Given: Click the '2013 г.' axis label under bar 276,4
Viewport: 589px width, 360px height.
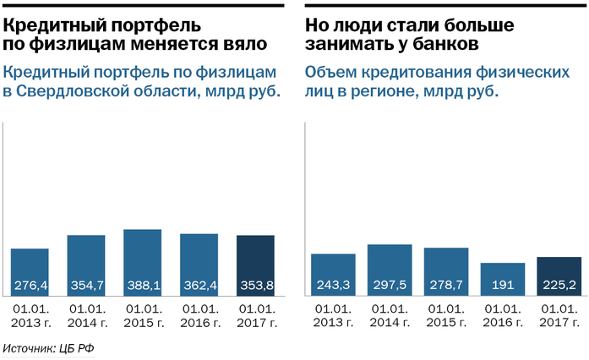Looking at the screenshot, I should (x=30, y=322).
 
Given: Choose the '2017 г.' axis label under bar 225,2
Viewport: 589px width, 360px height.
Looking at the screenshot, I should (x=559, y=322).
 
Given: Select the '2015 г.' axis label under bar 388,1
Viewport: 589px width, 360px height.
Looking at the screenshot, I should (x=143, y=322).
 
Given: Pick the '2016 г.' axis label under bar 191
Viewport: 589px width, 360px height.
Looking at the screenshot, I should (x=503, y=322).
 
